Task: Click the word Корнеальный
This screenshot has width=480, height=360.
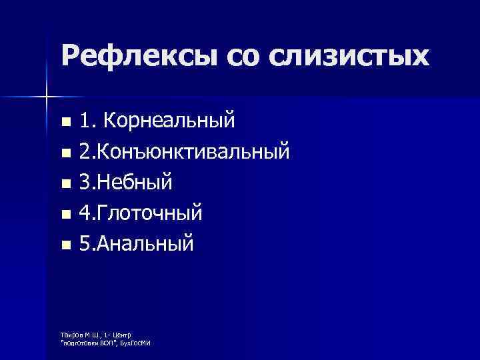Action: [175, 122]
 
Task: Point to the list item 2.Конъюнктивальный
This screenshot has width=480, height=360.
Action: [184, 153]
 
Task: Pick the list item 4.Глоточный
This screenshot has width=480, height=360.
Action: [141, 214]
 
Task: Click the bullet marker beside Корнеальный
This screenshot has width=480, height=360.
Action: [65, 123]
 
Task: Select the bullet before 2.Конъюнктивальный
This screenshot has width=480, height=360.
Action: [65, 154]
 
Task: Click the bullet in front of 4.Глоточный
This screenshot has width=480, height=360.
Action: [65, 215]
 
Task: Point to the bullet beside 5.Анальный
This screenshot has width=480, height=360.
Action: [65, 246]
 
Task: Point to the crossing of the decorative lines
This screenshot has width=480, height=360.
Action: [45, 97]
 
